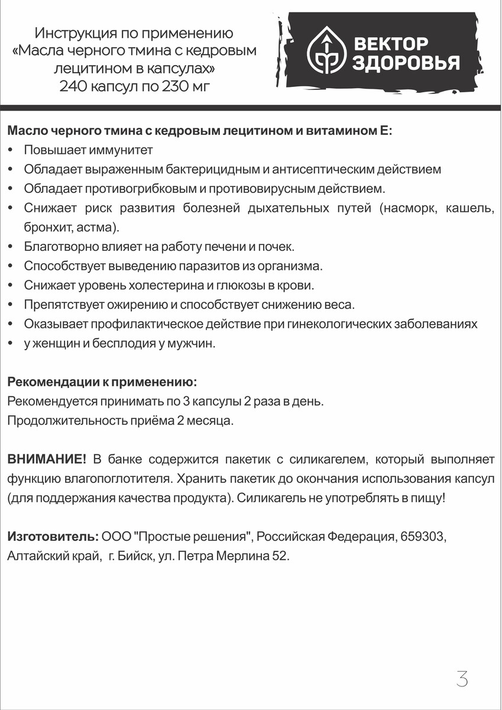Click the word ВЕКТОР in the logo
390,43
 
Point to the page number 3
462,679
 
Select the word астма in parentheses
101,227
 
